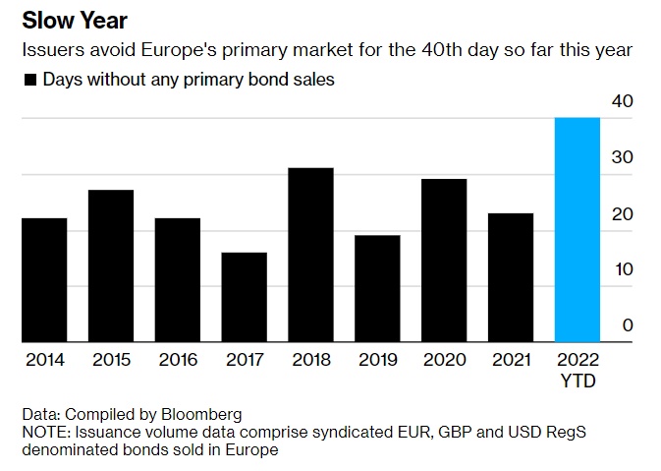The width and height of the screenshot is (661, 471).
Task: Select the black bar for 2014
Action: coord(44,280)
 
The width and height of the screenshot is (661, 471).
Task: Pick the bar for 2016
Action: coord(177,280)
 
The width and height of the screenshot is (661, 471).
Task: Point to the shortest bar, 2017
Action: coord(244,297)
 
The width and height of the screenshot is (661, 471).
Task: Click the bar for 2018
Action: coord(310,256)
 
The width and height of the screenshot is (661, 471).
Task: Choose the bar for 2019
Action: coord(377,288)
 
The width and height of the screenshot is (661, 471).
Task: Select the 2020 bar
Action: coord(444,261)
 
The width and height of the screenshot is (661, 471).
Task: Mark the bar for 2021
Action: coord(511,277)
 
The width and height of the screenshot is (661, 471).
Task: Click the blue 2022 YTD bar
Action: coord(578,230)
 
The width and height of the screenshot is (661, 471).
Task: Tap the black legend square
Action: coord(30,81)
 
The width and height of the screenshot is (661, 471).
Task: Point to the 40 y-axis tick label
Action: coord(623,102)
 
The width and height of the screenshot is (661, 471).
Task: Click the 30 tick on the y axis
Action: coord(623,158)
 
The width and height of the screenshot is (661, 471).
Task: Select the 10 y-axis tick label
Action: coord(623,269)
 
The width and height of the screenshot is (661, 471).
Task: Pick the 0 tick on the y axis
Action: coord(628,325)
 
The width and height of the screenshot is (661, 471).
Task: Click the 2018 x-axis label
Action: coord(310,360)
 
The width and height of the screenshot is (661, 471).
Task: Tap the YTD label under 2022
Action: coord(578,380)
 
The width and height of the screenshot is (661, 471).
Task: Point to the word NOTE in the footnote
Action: coord(43,432)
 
